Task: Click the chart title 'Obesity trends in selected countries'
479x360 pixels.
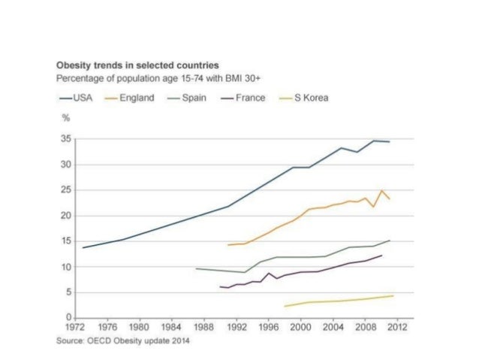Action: [138, 65]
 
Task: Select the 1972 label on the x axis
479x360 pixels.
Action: [74, 328]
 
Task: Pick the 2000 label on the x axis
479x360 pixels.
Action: [300, 328]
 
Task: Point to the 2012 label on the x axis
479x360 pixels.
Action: [397, 328]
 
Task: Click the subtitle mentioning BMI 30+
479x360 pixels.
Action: [160, 78]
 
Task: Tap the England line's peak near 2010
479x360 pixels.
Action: [382, 191]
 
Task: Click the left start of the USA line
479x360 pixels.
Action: [83, 247]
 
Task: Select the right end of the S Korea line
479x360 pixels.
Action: [393, 295]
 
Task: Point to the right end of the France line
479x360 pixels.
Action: [382, 256]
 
